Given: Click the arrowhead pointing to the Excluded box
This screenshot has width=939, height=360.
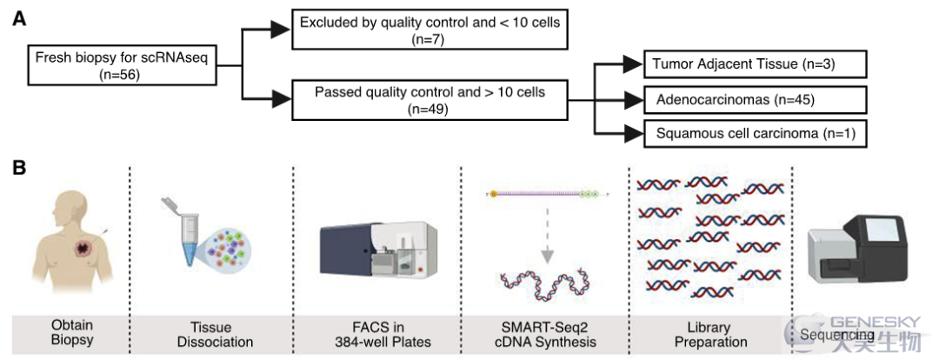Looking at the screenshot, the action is pos(280,29).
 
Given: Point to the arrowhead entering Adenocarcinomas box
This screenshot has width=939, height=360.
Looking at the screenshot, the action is pos(633,100).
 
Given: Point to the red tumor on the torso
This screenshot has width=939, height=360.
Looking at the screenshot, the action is pos(82,247).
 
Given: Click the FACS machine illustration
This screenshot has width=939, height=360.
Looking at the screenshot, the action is pos(378,250).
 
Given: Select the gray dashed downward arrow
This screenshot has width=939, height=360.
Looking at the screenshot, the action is pos(546,237).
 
